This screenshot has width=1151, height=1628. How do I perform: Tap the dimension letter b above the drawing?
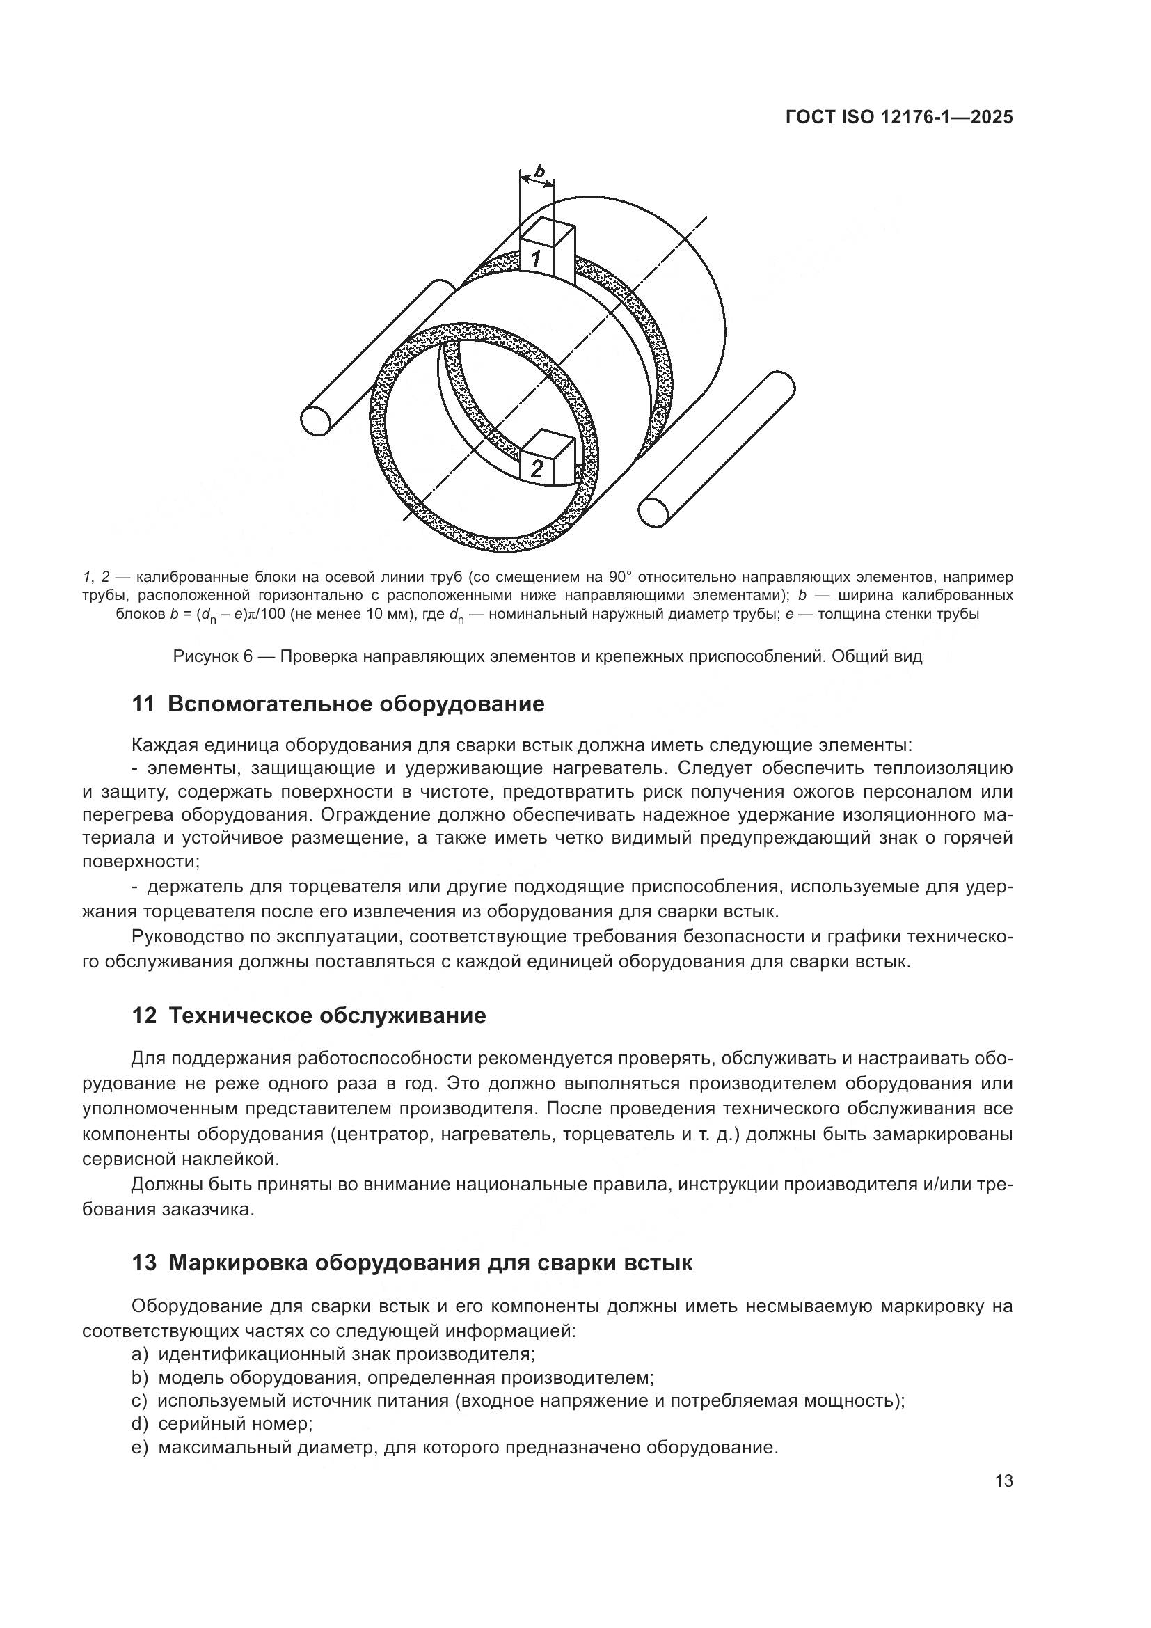pyautogui.click(x=539, y=171)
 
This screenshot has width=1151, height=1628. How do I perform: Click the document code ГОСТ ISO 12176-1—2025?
pyautogui.click(x=898, y=118)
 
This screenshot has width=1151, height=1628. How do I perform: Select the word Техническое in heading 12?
pyautogui.click(x=243, y=1017)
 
